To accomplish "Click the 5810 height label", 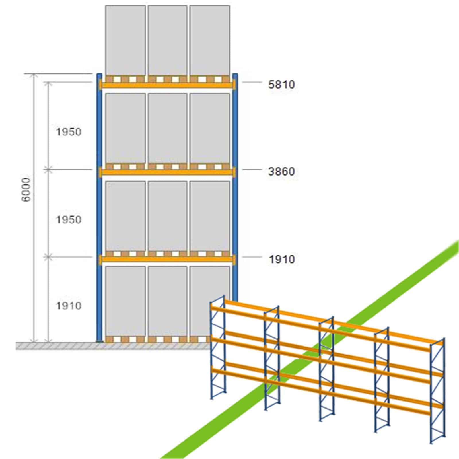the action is (x=281, y=85).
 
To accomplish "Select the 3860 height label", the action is (x=281, y=172).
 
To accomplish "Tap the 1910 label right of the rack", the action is (x=281, y=259).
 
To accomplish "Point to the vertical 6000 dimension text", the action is (x=26, y=190).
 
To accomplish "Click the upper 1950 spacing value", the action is (x=69, y=132).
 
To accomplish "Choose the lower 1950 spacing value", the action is (x=69, y=220).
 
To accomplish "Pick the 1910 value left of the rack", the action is (x=69, y=306).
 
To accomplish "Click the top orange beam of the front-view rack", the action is (x=167, y=85).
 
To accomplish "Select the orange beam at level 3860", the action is (x=167, y=172).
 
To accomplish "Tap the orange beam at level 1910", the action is (x=167, y=259).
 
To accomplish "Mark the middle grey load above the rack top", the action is (x=168, y=40).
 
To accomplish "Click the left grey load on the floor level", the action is (x=125, y=301).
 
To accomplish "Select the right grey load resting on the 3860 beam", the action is (x=210, y=128).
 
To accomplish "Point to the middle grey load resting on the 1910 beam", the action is (x=168, y=216).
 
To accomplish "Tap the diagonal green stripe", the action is (x=310, y=350).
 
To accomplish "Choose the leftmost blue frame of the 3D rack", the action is (x=218, y=347).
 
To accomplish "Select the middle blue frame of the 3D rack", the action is (x=326, y=369).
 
